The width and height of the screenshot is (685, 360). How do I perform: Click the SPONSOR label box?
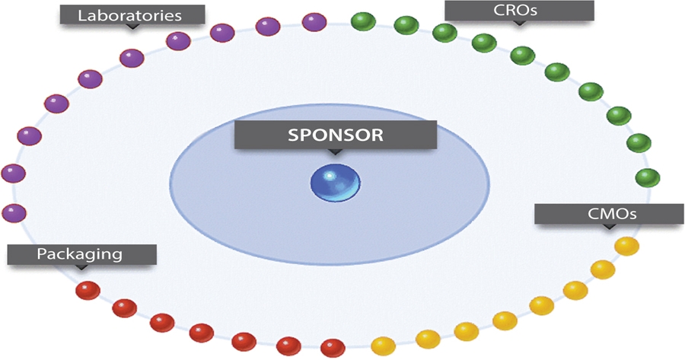pyautogui.click(x=335, y=135)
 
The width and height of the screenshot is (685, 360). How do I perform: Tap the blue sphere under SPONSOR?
pyautogui.click(x=335, y=183)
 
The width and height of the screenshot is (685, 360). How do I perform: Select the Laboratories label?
pyautogui.click(x=133, y=14)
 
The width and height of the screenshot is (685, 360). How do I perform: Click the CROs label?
pyautogui.click(x=519, y=11)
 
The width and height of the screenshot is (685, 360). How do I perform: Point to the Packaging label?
pyautogui.click(x=81, y=254)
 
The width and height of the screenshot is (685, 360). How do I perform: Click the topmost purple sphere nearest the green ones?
pyautogui.click(x=314, y=23)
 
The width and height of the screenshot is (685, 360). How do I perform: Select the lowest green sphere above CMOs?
pyautogui.click(x=647, y=178)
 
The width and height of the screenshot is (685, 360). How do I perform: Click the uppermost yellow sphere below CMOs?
pyautogui.click(x=626, y=246)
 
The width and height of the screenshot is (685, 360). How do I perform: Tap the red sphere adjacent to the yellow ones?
pyautogui.click(x=333, y=348)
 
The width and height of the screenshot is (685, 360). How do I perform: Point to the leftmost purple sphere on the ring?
pyautogui.click(x=12, y=174)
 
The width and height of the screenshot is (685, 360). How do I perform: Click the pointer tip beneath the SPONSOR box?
pyautogui.click(x=335, y=153)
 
